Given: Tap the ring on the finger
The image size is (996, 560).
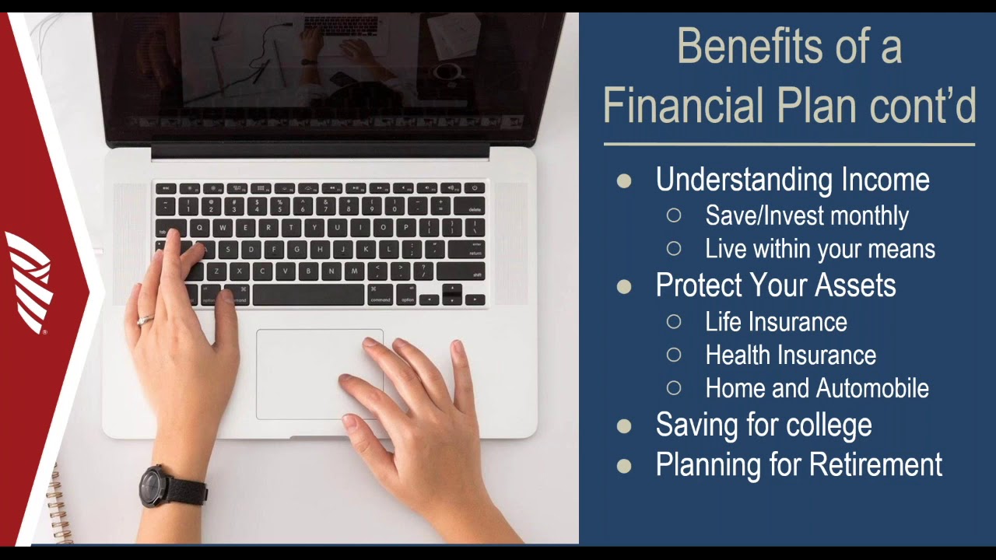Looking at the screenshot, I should (146, 319).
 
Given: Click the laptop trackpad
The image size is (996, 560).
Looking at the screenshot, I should (319, 373).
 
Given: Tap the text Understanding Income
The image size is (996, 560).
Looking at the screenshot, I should (792, 180).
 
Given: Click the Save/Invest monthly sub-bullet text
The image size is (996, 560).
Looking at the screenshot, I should (806, 215).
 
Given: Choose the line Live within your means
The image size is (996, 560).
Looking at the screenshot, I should (819, 249).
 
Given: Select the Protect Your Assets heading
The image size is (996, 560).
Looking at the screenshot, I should (775, 285).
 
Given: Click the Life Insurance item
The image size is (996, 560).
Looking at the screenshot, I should (776, 322).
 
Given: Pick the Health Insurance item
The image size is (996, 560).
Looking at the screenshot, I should (790, 355).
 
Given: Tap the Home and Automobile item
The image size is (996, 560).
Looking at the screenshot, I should (816, 388).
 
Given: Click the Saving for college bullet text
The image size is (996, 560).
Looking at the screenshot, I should (763, 425).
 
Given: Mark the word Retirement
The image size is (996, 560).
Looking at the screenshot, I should (875, 464).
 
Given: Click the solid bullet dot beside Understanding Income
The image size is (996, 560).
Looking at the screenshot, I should (624, 181).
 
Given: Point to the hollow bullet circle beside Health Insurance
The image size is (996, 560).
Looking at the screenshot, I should (674, 355).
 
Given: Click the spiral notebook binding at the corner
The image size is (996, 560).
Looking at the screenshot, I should (58, 506).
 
